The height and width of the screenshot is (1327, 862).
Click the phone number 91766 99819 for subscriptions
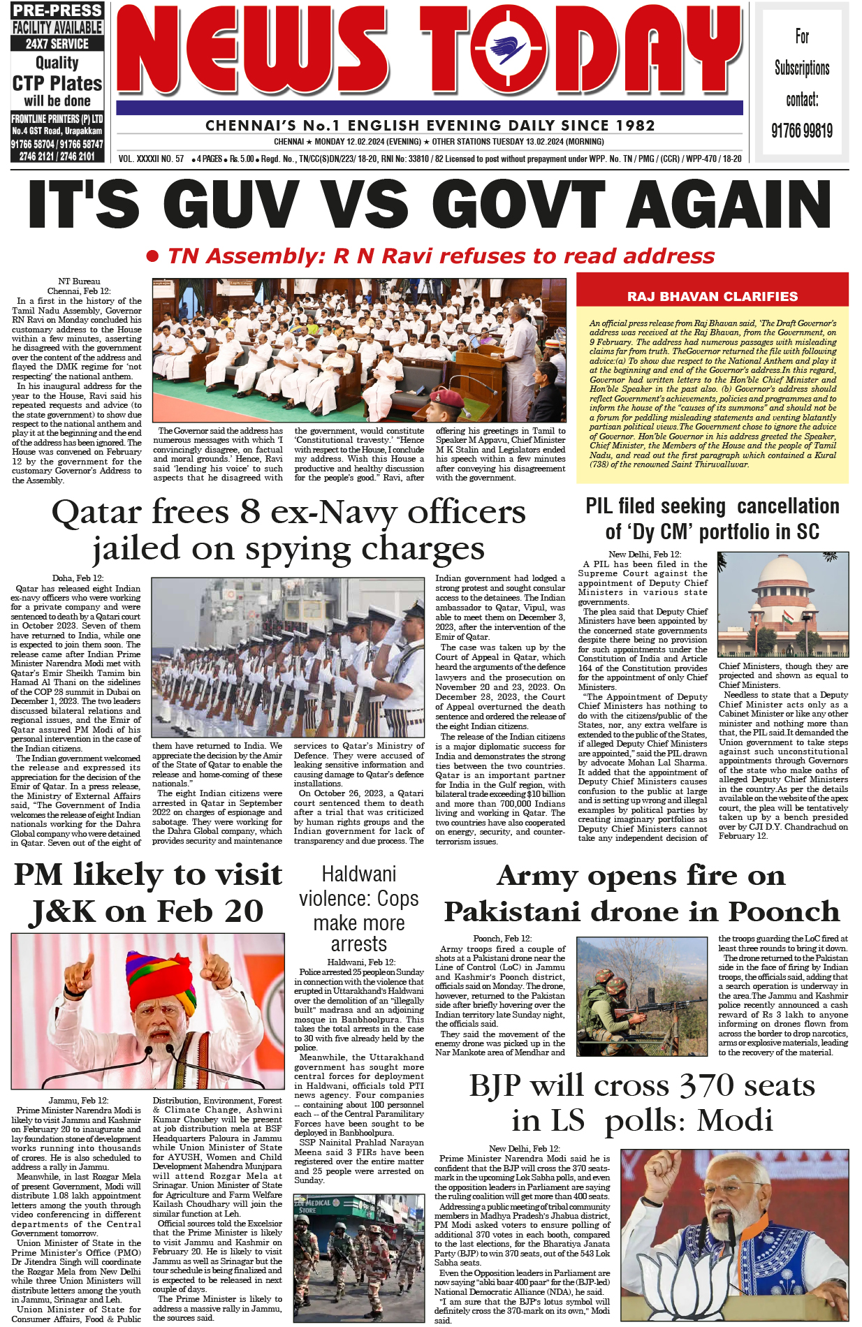(x=802, y=131)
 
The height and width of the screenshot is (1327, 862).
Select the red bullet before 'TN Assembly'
(x=152, y=256)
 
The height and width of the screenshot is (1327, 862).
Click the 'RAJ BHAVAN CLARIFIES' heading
(x=712, y=296)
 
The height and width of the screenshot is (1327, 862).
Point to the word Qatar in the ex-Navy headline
(x=96, y=512)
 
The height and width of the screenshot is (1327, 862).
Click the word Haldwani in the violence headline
(x=358, y=874)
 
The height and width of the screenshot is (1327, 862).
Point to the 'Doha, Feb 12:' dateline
(x=78, y=578)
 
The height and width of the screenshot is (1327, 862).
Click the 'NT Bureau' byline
(x=79, y=281)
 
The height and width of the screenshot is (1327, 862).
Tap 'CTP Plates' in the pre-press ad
(x=57, y=83)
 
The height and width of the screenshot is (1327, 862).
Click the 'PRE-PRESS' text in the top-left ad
(x=57, y=10)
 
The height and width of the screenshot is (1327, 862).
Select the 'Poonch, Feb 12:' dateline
(x=502, y=938)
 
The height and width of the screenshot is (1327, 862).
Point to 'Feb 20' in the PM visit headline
(x=210, y=911)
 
